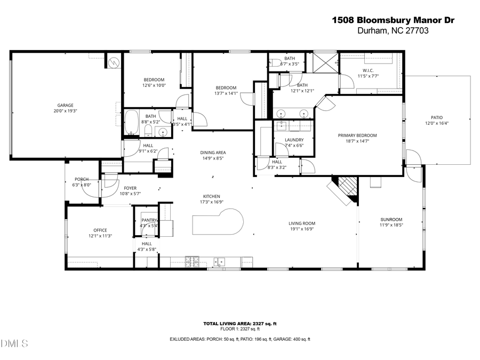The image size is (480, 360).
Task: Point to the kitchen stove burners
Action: click(x=191, y=261)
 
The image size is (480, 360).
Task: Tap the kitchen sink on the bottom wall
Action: click(x=219, y=261)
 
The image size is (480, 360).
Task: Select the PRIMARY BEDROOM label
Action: click(x=357, y=135)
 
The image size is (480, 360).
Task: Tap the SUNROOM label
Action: click(x=391, y=219)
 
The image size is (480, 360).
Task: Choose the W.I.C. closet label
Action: click(x=368, y=70)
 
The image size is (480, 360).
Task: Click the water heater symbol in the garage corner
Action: click(x=113, y=61)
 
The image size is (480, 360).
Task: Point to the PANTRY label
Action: click(x=149, y=220)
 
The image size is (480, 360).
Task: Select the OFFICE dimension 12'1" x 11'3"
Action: click(x=100, y=235)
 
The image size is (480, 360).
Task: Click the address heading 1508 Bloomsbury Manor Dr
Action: click(x=393, y=20)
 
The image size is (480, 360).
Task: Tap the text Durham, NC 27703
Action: click(x=393, y=31)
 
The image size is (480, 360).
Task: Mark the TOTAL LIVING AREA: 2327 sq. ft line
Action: click(x=240, y=324)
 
